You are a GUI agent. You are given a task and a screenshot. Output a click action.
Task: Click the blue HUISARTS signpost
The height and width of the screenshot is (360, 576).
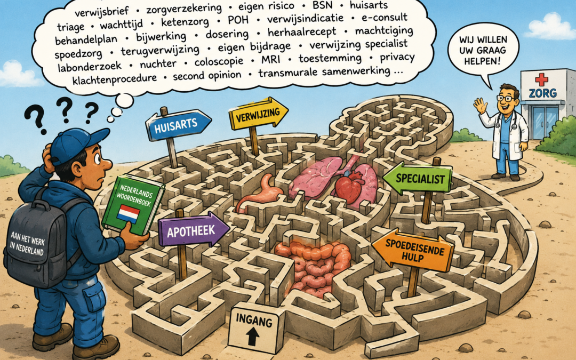[x=178, y=124]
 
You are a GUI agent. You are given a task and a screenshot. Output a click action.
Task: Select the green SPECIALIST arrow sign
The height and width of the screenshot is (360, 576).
[x=418, y=179]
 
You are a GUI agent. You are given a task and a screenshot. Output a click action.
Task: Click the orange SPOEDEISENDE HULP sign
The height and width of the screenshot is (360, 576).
[x=413, y=250]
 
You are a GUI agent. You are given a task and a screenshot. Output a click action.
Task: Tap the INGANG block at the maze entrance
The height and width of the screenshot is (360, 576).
[x=254, y=327]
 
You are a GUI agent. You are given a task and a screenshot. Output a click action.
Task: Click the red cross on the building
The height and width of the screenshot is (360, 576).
[x=541, y=79]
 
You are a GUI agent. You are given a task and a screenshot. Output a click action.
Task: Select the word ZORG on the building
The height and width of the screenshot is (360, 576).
[x=542, y=93]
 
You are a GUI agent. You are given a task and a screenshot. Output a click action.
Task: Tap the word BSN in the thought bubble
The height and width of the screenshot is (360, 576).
[x=323, y=5]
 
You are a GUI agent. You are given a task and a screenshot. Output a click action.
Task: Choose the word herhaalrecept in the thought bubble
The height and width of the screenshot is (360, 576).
[x=301, y=33]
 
